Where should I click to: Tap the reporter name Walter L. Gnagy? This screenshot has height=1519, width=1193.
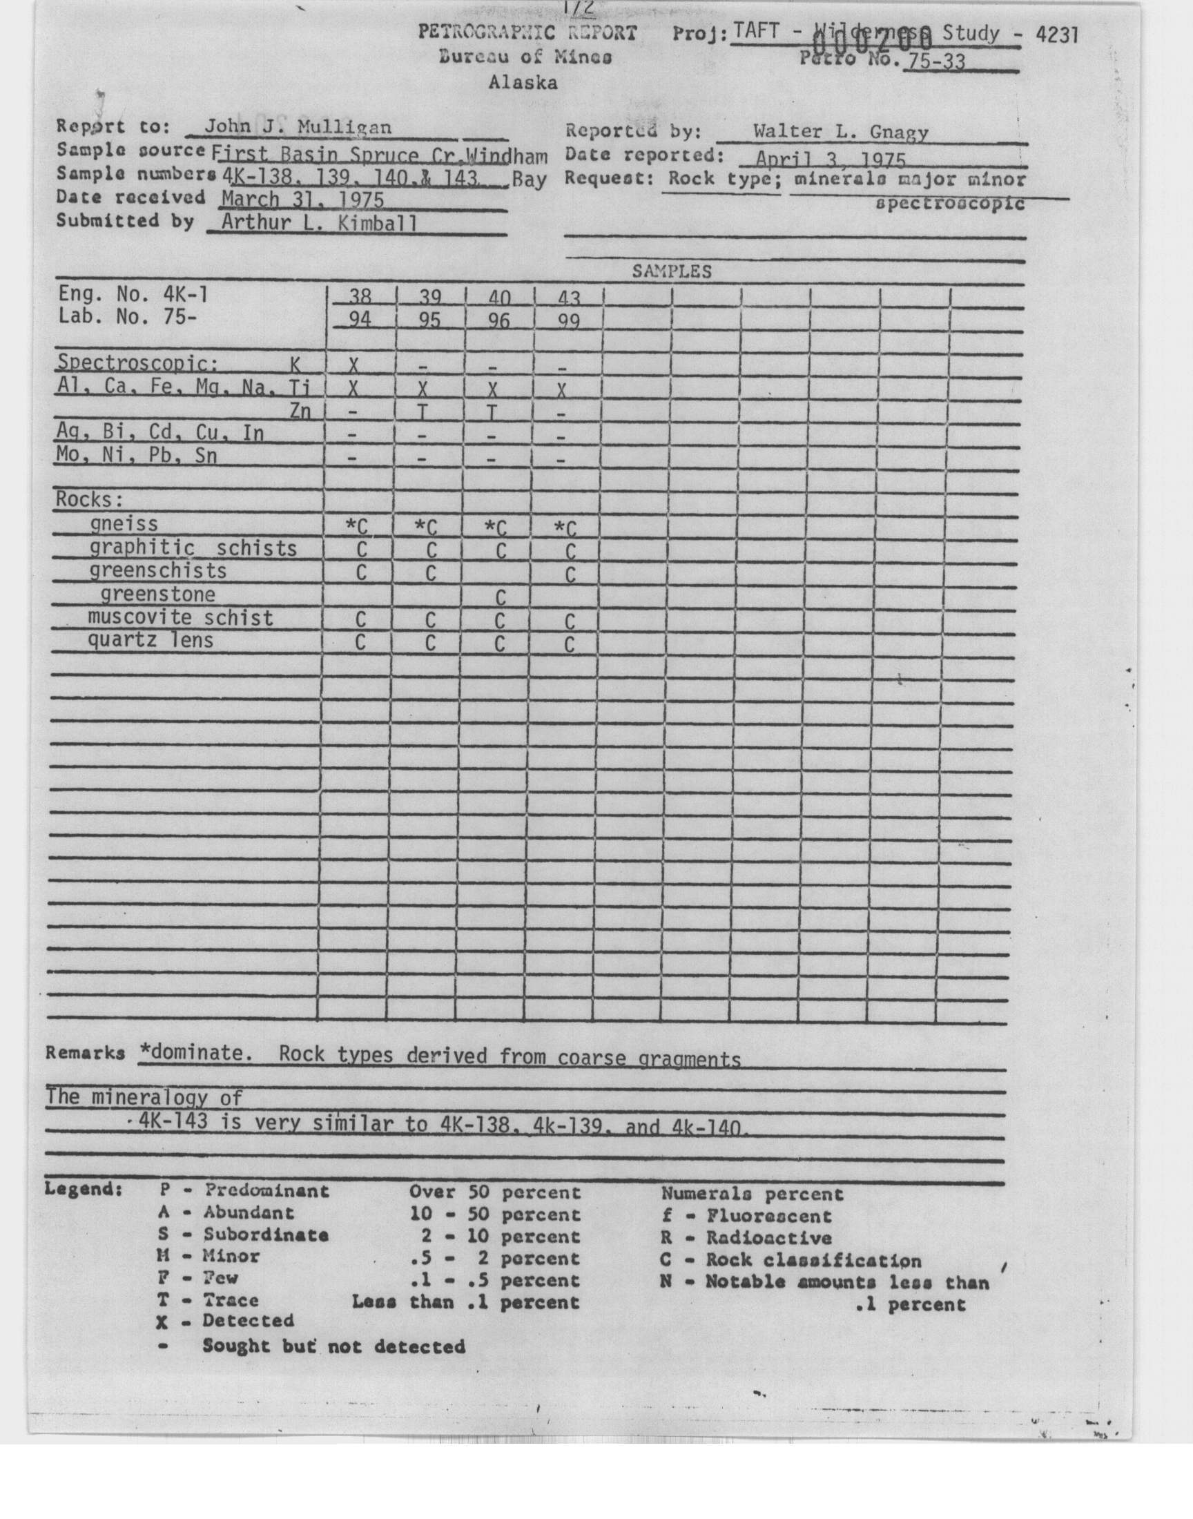[x=840, y=131]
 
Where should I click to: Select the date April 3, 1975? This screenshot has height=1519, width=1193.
[x=831, y=159]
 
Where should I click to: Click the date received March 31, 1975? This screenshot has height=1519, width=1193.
[x=302, y=200]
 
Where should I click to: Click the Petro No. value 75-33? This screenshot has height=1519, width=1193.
[x=934, y=61]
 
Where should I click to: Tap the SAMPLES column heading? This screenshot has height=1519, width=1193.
[x=671, y=271]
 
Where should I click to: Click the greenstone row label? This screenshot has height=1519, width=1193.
[x=158, y=594]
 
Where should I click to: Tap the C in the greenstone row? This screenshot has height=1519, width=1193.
[x=499, y=598]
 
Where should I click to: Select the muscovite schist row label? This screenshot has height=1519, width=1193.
[x=180, y=617]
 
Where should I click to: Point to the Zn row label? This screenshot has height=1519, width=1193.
[x=300, y=412]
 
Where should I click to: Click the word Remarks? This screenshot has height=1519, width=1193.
[x=85, y=1053]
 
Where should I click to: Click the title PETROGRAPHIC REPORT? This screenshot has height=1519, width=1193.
[x=527, y=32]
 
